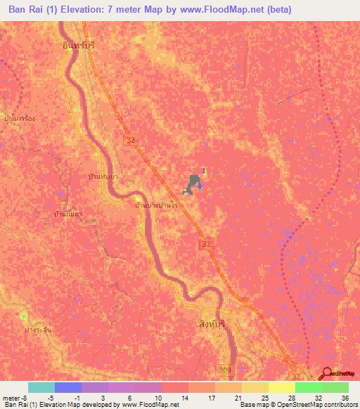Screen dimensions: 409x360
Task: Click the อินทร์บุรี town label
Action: coord(77,44)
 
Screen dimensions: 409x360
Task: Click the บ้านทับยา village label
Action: coord(99,176)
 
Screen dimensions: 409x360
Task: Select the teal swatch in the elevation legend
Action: coord(41,387)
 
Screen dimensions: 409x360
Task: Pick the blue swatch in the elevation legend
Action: coord(68,387)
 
